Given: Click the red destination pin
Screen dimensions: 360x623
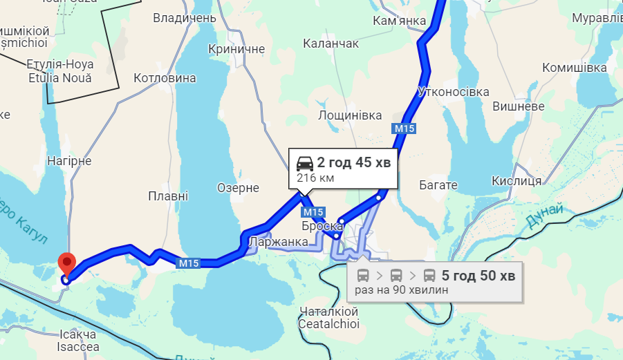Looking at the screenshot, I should [66, 263].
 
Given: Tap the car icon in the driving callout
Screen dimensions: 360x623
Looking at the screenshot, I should [304, 163].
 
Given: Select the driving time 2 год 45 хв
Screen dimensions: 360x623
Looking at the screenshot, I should [353, 163].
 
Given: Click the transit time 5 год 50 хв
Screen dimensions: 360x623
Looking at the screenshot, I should [478, 276].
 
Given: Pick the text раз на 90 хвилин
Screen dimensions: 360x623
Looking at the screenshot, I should [402, 290].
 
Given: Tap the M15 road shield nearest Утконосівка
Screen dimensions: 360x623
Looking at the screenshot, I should [405, 129].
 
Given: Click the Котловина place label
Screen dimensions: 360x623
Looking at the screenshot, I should [165, 78].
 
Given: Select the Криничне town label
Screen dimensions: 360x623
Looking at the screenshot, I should [236, 49].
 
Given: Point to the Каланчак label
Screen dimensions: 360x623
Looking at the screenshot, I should [331, 44].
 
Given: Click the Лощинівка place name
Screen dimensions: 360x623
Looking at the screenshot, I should [349, 115].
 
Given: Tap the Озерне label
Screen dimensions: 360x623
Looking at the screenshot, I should [238, 188].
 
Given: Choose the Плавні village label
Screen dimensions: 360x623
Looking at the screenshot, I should [168, 196].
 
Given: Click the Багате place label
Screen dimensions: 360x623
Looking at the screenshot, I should [438, 185].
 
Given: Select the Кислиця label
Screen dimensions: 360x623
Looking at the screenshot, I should [516, 181].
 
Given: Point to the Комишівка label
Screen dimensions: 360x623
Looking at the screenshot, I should [575, 68].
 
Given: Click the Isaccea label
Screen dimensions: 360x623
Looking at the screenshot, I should [77, 347].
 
